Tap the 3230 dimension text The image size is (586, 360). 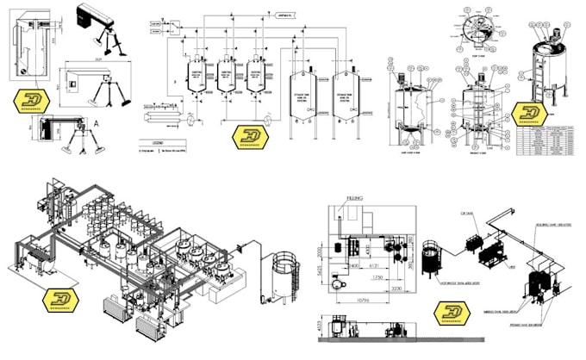pyautogui.click(x=397, y=289)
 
